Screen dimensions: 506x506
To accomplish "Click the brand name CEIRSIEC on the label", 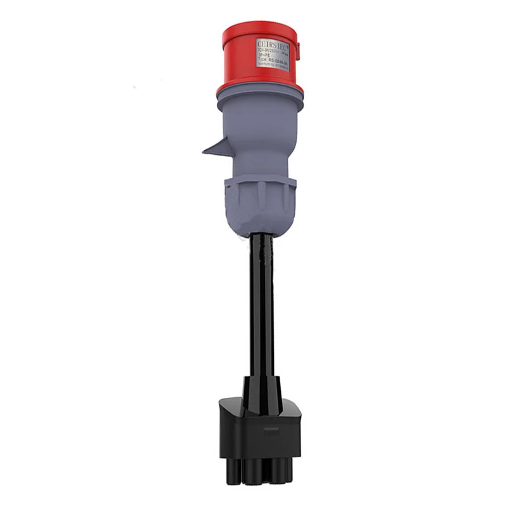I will pyautogui.click(x=272, y=44).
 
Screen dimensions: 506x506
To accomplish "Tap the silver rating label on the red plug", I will pyautogui.click(x=273, y=54).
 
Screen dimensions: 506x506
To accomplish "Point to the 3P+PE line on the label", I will pyautogui.click(x=264, y=55).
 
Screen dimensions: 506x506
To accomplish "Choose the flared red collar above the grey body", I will pyautogui.click(x=259, y=86).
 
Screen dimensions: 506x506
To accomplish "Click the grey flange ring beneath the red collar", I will pyautogui.click(x=259, y=101).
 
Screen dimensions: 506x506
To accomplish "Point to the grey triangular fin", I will pyautogui.click(x=215, y=147).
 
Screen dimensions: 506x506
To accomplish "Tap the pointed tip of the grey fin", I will pyautogui.click(x=204, y=152).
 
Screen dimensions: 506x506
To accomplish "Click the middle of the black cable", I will pyautogui.click(x=261, y=304).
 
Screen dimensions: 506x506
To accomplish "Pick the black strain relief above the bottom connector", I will pyautogui.click(x=261, y=386).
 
